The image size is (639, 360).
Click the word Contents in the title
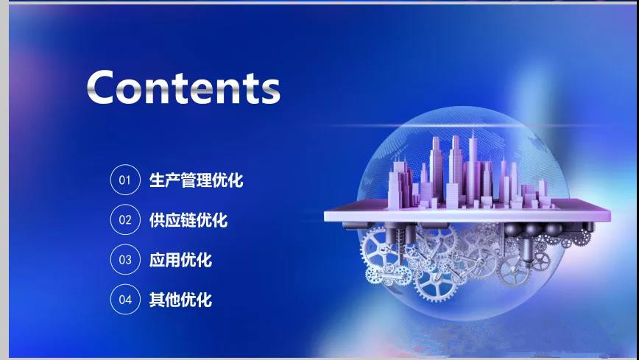[183, 87]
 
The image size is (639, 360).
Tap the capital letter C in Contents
[104, 87]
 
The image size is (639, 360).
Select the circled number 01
[125, 180]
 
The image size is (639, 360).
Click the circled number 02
[125, 219]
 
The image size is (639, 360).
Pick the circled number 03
[125, 259]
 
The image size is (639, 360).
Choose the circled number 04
[125, 299]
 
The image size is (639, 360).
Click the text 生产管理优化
[196, 180]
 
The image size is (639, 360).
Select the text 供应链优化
[188, 219]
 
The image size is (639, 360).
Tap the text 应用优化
[180, 259]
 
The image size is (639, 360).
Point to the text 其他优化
[180, 299]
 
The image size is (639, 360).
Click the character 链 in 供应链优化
[188, 219]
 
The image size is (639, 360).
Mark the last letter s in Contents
[268, 90]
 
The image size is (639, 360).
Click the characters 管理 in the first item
[196, 180]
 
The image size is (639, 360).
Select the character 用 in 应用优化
[173, 259]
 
